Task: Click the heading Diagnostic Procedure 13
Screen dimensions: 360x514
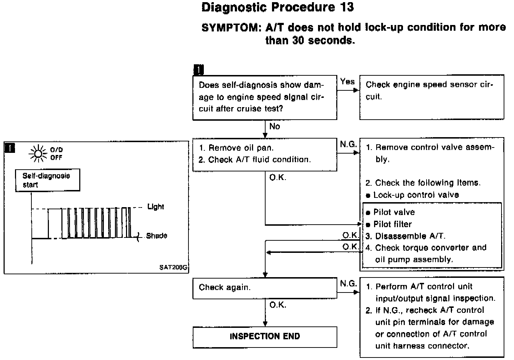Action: point(277,8)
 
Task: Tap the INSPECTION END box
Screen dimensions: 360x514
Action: point(264,336)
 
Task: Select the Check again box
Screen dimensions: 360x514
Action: point(264,288)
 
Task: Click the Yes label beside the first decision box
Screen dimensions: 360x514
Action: point(347,82)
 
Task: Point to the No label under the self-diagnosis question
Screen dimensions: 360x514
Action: point(274,126)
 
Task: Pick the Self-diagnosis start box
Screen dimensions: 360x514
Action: point(47,180)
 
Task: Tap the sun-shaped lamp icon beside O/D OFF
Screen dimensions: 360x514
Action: point(39,153)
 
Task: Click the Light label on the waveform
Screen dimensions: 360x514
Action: point(156,207)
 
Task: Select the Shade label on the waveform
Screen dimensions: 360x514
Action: point(156,236)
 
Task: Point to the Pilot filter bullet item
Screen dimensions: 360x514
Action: point(392,224)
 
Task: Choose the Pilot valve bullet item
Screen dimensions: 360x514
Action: point(394,212)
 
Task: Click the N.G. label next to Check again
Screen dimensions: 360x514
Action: point(348,284)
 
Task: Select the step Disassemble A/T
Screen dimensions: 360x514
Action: point(410,236)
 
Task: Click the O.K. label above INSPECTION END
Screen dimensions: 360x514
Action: point(278,305)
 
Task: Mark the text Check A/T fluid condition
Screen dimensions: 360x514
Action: point(259,160)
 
